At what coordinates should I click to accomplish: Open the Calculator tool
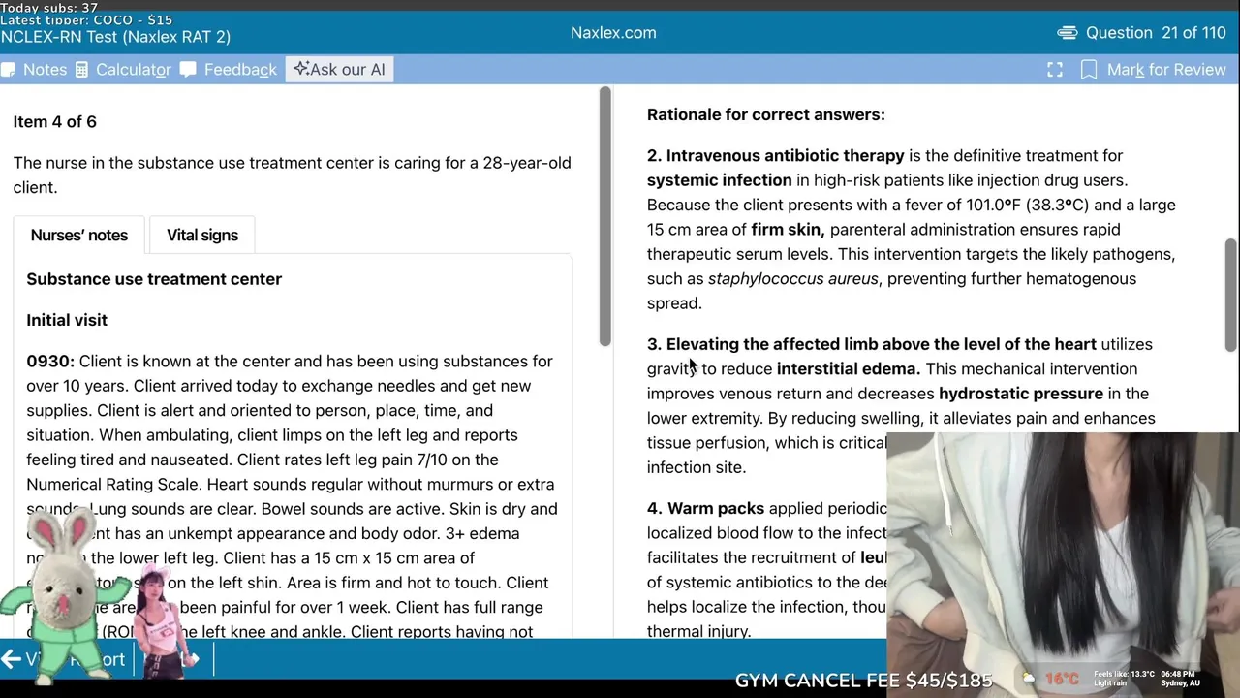click(x=123, y=70)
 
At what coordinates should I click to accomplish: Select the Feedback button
click(x=229, y=70)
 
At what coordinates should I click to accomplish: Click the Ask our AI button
click(x=339, y=70)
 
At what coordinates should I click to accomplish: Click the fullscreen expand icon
click(x=1055, y=70)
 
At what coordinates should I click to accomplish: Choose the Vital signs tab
click(x=201, y=235)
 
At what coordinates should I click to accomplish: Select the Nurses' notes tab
click(x=78, y=235)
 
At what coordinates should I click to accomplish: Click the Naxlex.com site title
click(x=613, y=33)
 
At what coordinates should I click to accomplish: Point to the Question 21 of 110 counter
click(x=1155, y=33)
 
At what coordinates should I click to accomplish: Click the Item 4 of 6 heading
click(x=54, y=121)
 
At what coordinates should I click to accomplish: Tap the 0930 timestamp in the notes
click(x=50, y=361)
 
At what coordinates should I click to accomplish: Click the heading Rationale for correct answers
click(x=765, y=114)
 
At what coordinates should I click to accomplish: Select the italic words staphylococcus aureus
click(x=792, y=279)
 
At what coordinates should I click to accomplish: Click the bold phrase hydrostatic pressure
click(x=1020, y=394)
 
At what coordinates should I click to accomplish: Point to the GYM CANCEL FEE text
click(x=863, y=681)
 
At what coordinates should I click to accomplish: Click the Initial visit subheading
click(x=67, y=320)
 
